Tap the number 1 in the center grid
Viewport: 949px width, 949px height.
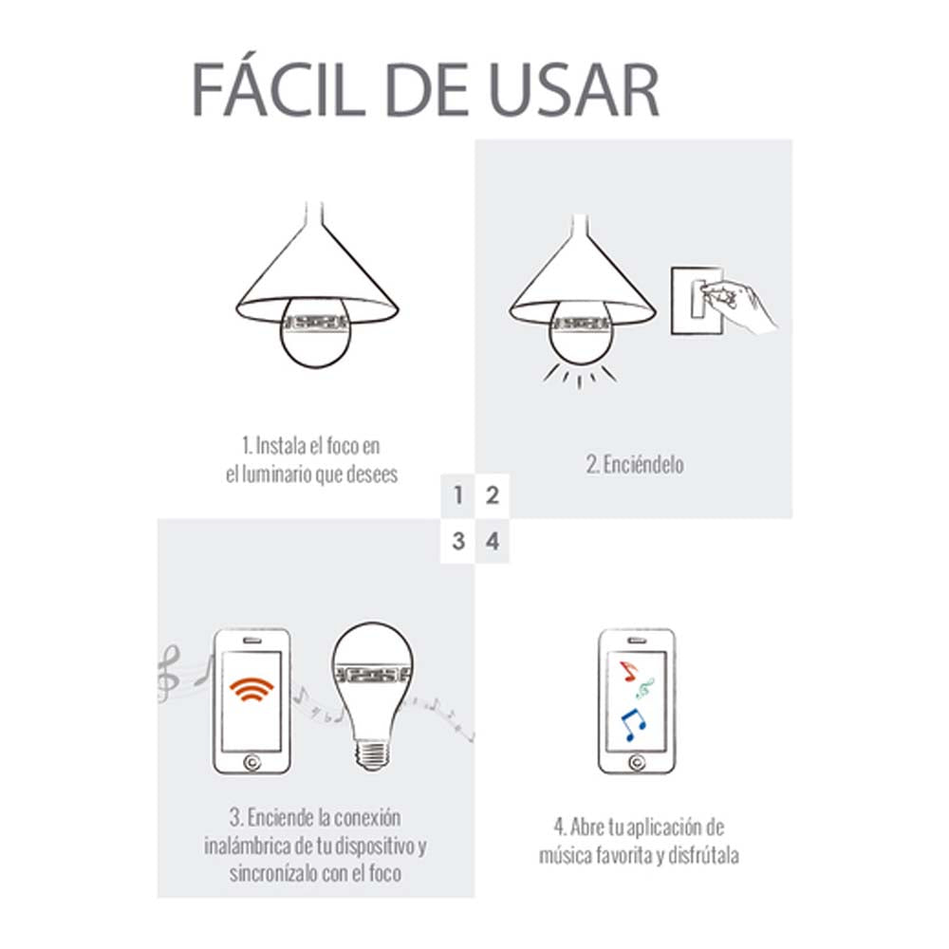point(458,495)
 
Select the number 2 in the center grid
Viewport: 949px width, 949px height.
point(492,495)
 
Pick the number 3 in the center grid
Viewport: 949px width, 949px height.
point(458,542)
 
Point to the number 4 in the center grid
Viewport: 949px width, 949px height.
point(492,542)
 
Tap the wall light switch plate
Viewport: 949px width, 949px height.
point(695,299)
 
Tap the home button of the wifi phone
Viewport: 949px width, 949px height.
point(251,760)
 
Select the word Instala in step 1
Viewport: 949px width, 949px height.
point(283,445)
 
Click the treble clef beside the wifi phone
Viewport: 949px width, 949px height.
point(168,674)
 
